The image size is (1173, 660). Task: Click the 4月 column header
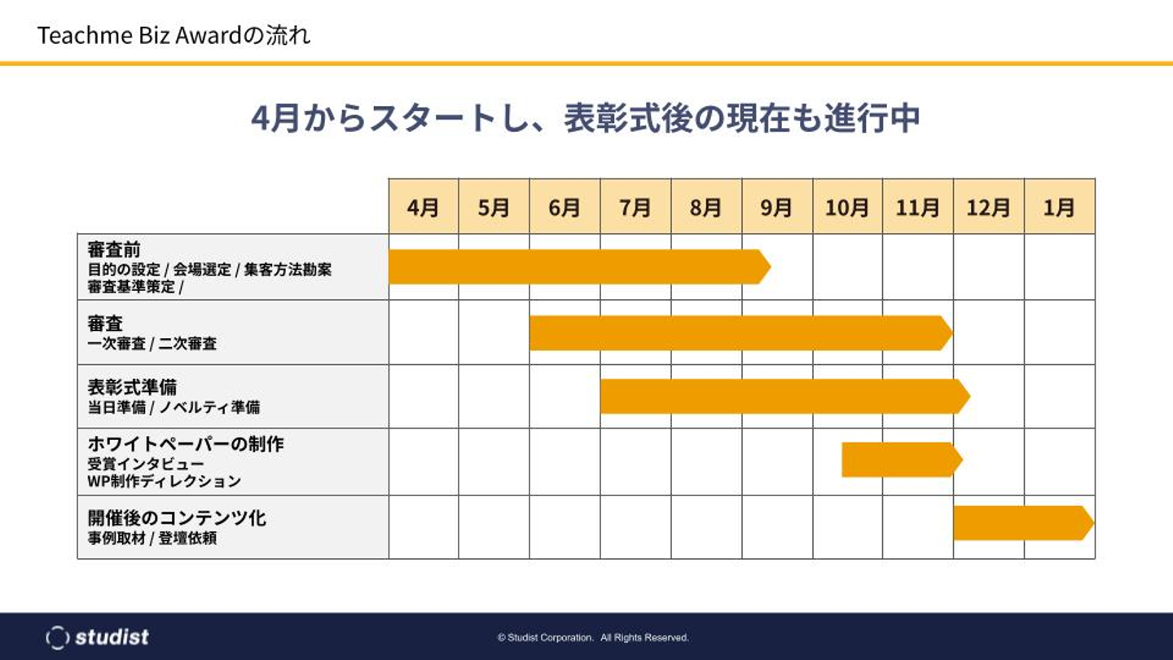pos(424,207)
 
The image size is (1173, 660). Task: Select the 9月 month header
pos(777,207)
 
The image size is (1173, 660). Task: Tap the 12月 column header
pos(989,207)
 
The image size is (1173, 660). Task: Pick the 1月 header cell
pos(1060,207)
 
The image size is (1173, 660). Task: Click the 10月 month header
pos(847,207)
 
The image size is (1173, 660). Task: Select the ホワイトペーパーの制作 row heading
pos(186,445)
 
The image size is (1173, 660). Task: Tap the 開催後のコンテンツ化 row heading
pos(177,517)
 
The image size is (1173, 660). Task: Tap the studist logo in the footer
pos(98,636)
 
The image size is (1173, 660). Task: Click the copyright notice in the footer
pos(593,637)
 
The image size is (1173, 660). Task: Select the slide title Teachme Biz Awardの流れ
pos(174,36)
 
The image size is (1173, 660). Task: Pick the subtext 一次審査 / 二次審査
pos(152,344)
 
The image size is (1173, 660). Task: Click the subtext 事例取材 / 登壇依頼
pos(152,539)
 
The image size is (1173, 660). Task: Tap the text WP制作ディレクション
pos(165,482)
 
